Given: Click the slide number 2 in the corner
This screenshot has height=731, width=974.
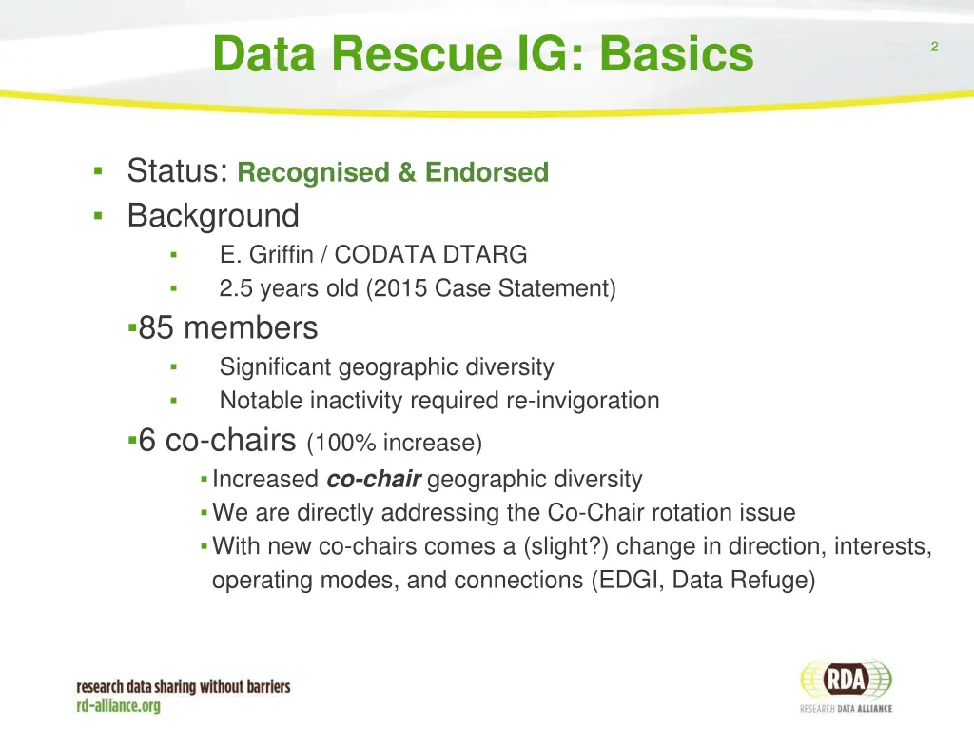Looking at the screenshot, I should (x=934, y=48).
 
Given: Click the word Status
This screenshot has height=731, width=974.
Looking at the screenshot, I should (x=176, y=171).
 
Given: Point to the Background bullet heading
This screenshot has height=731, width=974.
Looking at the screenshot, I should (x=213, y=216).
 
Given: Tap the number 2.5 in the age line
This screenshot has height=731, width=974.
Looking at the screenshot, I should (x=236, y=287).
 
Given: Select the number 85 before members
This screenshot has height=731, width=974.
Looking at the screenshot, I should (x=157, y=328).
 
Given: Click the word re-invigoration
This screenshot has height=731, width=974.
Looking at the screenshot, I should (x=579, y=400).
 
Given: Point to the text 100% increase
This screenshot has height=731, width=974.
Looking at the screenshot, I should (x=395, y=443).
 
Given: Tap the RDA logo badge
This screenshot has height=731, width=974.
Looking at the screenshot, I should (x=846, y=680).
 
